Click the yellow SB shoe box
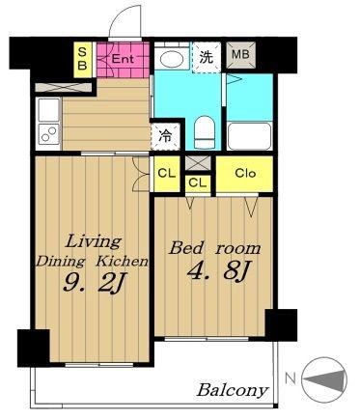(83, 60)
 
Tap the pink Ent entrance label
(123, 59)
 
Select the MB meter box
(240, 55)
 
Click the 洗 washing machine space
(207, 57)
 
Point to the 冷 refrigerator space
(166, 137)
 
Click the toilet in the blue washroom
(205, 132)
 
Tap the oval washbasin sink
(172, 59)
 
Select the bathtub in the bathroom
(249, 136)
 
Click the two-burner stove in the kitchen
(49, 134)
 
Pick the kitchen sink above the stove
(49, 110)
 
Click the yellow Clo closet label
(245, 174)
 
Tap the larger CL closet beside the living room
(167, 174)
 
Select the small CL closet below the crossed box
(197, 183)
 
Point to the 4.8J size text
(219, 271)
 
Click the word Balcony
(233, 390)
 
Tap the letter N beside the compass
(291, 379)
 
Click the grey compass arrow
(325, 379)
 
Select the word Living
(94, 242)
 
